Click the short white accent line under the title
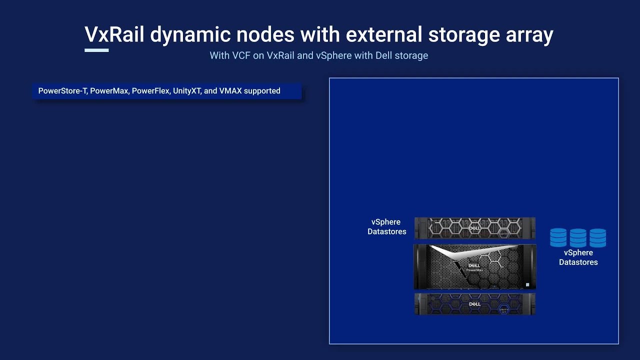tap(96, 50)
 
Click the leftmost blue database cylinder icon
tap(558, 237)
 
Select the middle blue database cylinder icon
tap(578, 237)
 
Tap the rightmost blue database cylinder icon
tap(597, 237)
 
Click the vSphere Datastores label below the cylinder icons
tap(578, 257)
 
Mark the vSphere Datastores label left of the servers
tap(386, 227)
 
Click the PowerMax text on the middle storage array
tap(474, 270)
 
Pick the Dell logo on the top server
tap(474, 228)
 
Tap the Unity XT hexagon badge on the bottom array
tap(504, 310)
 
